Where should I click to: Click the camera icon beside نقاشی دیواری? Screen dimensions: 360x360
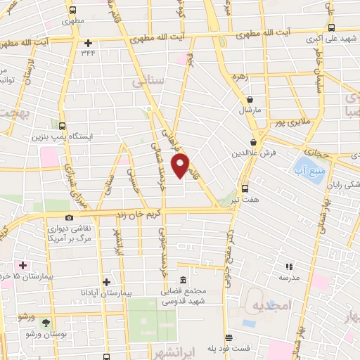click(x=69, y=218)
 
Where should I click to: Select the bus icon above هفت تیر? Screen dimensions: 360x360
click(x=245, y=188)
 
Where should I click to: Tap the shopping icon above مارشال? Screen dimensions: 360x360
click(x=250, y=100)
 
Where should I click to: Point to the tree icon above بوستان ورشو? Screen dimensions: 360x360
click(x=46, y=323)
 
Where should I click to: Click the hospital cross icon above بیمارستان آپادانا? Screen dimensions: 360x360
click(x=105, y=282)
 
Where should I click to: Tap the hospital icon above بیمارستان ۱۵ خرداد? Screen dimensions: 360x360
click(x=23, y=266)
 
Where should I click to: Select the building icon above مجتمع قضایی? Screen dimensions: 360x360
click(x=183, y=280)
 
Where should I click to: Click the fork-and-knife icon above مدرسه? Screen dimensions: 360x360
click(x=288, y=266)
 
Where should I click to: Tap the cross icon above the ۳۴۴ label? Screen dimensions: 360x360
click(x=88, y=42)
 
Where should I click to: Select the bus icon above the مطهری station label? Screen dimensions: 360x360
click(x=72, y=10)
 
